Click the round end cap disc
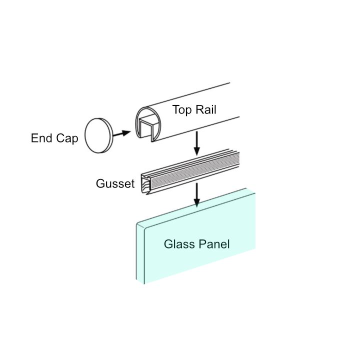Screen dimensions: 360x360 pyautogui.click(x=99, y=135)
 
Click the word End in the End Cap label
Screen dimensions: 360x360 pyautogui.click(x=41, y=138)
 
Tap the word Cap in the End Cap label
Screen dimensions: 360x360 pyautogui.click(x=67, y=139)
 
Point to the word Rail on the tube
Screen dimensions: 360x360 pyautogui.click(x=205, y=110)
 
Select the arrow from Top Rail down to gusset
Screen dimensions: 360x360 pyautogui.click(x=197, y=142)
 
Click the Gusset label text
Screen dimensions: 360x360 pyautogui.click(x=115, y=184)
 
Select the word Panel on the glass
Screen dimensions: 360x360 pyautogui.click(x=214, y=244)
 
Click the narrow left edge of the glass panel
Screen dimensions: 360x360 pyautogui.click(x=140, y=252)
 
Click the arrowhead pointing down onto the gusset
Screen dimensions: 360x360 pyautogui.click(x=197, y=150)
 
